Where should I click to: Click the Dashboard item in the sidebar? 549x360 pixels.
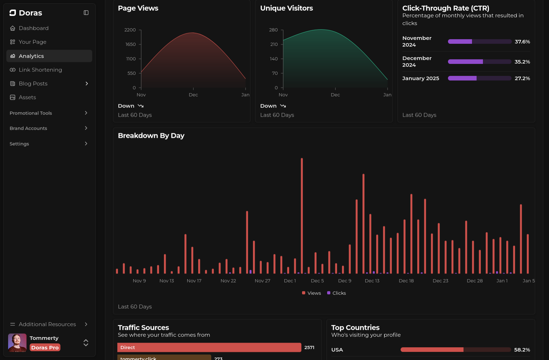(34, 28)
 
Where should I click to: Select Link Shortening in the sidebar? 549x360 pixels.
(40, 70)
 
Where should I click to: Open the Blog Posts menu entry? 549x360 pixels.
(33, 84)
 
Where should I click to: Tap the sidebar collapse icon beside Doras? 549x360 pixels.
(86, 13)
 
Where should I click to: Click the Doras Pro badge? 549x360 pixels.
(45, 348)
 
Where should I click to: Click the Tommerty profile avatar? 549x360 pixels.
(17, 343)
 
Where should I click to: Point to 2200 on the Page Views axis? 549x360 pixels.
(130, 30)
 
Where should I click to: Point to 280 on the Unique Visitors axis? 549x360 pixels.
(273, 30)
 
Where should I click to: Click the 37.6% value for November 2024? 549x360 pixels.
(522, 42)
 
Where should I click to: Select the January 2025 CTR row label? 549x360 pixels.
(420, 78)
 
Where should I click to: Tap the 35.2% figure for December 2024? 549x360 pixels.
(522, 62)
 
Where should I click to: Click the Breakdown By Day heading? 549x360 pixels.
(151, 136)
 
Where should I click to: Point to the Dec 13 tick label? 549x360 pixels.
(372, 281)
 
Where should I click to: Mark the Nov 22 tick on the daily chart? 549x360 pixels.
(228, 281)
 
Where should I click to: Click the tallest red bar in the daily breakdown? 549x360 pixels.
(302, 216)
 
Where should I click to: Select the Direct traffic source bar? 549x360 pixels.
(209, 348)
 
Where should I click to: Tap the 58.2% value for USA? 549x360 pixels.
(522, 350)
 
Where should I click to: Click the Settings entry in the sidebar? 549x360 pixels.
(19, 144)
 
